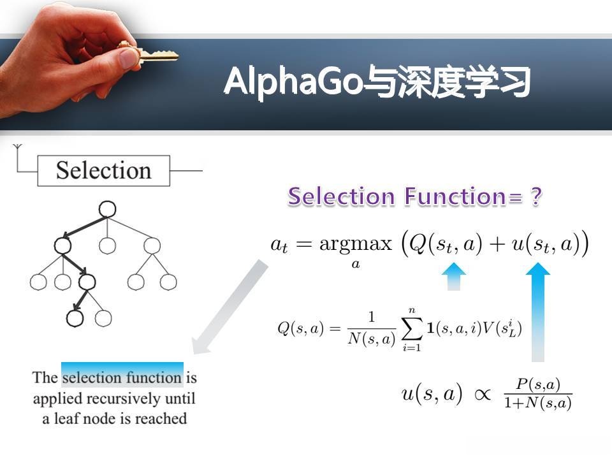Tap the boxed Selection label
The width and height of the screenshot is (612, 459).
tap(103, 170)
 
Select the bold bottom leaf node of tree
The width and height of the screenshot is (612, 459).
tap(75, 317)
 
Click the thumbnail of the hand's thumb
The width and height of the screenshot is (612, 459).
tap(129, 59)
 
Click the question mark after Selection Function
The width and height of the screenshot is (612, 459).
tap(536, 196)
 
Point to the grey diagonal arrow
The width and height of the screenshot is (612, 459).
tap(230, 306)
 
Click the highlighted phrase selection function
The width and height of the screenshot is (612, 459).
tap(122, 377)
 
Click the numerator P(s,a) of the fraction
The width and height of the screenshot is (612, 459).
tap(538, 384)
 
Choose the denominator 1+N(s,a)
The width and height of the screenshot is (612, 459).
tap(537, 403)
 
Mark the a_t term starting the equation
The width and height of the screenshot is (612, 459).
tap(280, 245)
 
